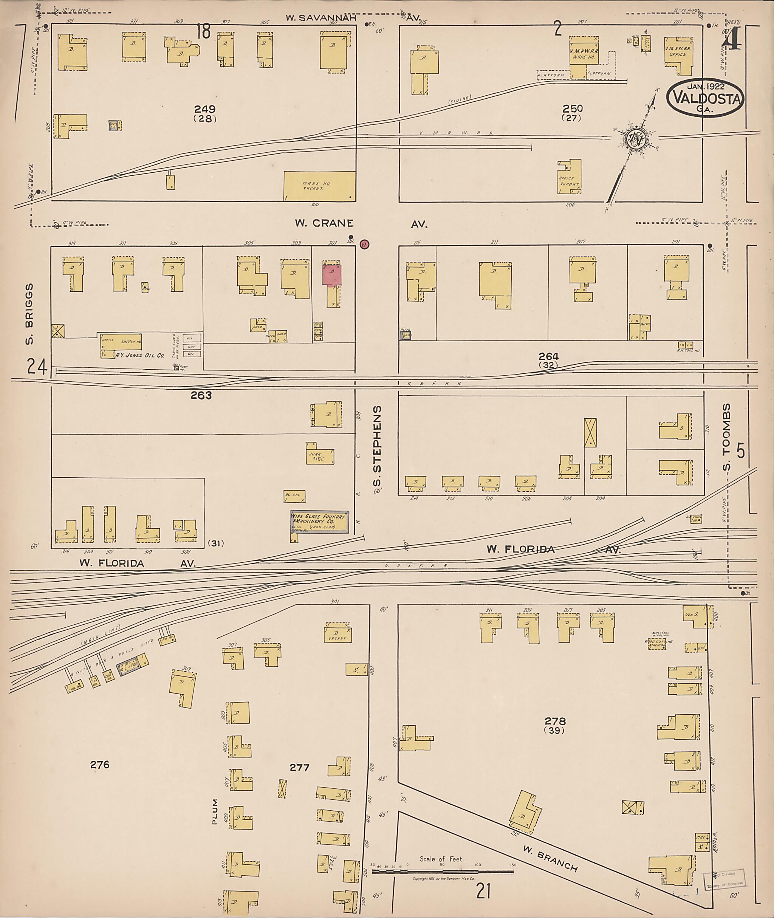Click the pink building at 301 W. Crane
coord(332,275)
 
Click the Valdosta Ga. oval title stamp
coord(705,98)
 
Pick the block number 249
coord(205,109)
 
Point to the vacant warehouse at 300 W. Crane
coord(319,186)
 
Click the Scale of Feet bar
coord(443,871)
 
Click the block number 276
coord(100,765)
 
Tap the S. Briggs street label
coord(30,314)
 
